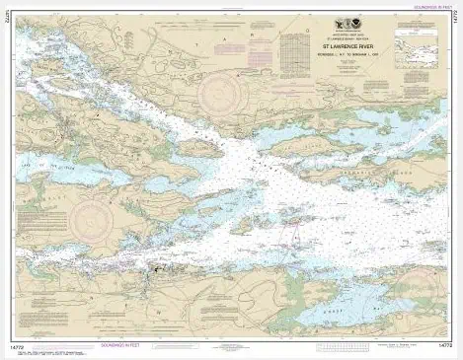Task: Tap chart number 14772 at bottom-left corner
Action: (x=23, y=344)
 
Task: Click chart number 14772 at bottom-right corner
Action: (x=442, y=344)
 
